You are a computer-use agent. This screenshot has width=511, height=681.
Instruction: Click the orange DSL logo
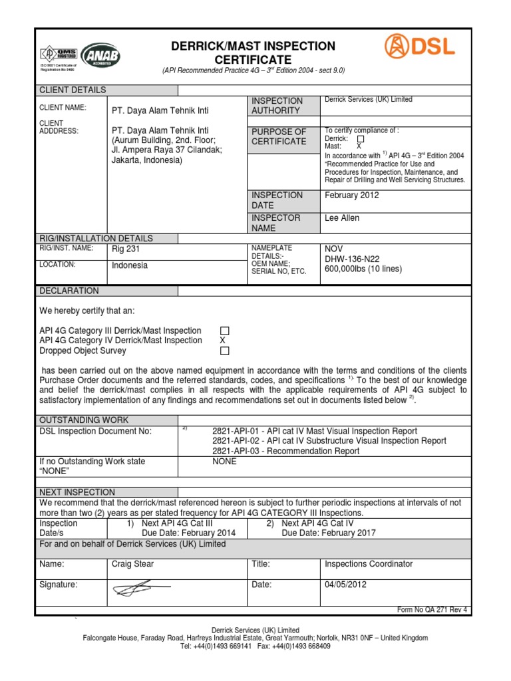pyautogui.click(x=420, y=47)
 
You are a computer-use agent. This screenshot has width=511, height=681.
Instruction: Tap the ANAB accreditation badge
pyautogui.click(x=100, y=57)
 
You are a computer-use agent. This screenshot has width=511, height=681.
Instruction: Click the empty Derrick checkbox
pyautogui.click(x=361, y=138)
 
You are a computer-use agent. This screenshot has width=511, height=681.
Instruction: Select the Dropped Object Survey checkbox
pyautogui.click(x=224, y=350)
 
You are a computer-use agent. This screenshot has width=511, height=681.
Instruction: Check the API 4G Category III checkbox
pyautogui.click(x=224, y=331)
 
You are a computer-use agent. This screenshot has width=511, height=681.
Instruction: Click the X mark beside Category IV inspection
pyautogui.click(x=223, y=340)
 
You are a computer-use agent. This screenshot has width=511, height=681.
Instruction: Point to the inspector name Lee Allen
pyautogui.click(x=341, y=217)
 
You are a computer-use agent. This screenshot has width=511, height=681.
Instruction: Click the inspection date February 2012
pyautogui.click(x=351, y=195)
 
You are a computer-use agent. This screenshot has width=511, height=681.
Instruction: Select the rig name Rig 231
pyautogui.click(x=126, y=249)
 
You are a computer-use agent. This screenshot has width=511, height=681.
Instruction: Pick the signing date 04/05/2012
pyautogui.click(x=345, y=585)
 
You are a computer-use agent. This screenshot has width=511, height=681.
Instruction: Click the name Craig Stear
pyautogui.click(x=133, y=564)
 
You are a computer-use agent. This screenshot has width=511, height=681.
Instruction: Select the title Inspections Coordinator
pyautogui.click(x=369, y=564)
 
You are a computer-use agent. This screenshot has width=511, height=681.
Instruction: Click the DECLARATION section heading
pyautogui.click(x=69, y=291)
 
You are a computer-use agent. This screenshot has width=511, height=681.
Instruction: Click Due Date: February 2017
pyautogui.click(x=329, y=533)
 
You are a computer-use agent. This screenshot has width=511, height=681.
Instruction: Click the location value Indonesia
pyautogui.click(x=130, y=265)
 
